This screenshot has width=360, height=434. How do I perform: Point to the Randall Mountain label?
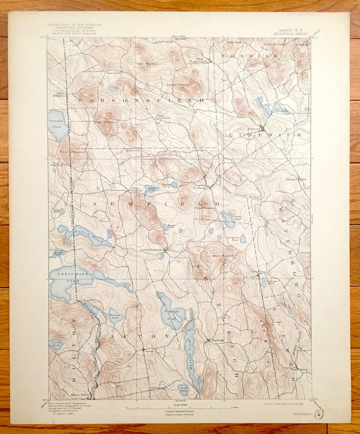pyautogui.click(x=179, y=85)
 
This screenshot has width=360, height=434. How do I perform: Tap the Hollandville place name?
pyautogui.click(x=280, y=111)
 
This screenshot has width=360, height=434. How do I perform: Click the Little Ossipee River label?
pyautogui.click(x=243, y=193)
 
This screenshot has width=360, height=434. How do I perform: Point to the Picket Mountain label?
pyautogui.click(x=205, y=208)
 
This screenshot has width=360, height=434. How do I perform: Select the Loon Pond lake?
pyautogui.click(x=183, y=389)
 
